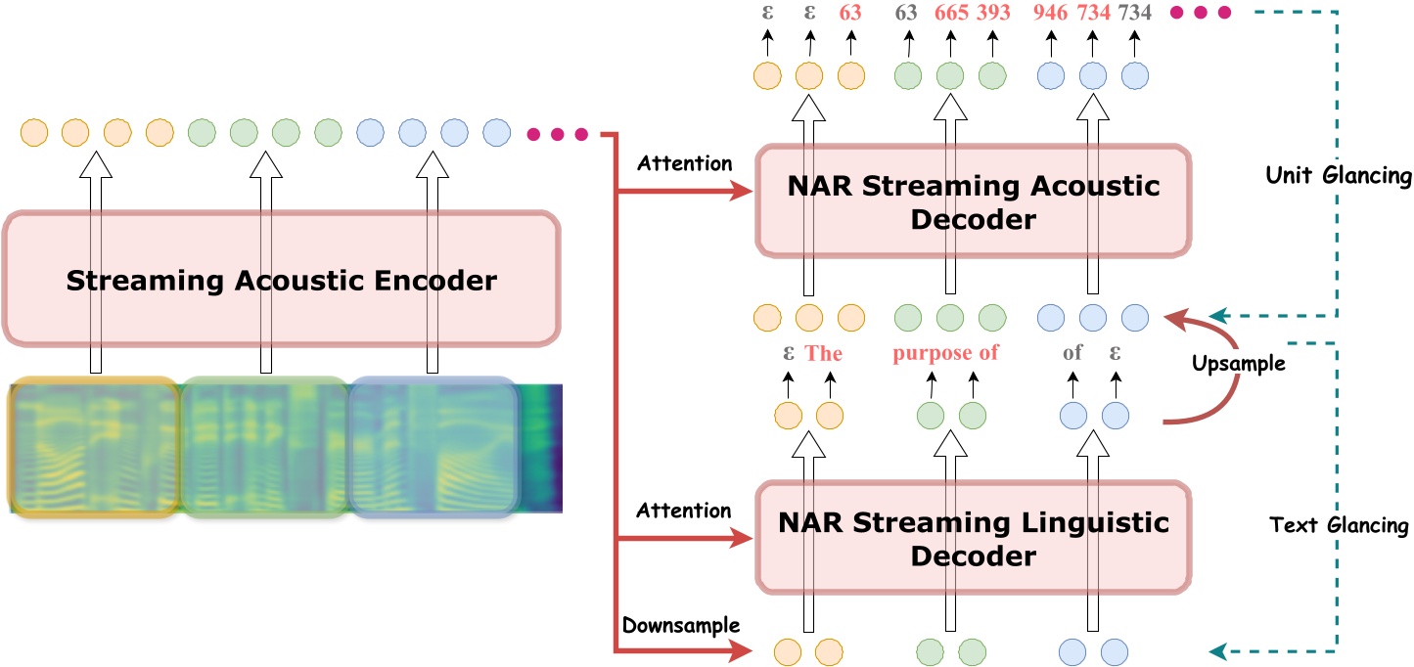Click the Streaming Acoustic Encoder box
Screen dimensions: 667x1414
pos(282,282)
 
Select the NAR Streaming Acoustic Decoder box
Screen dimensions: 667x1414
pos(974,202)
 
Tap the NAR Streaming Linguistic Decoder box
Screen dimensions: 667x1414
pos(974,538)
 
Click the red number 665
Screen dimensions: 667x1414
pos(950,13)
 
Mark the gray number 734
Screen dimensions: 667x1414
pos(1135,13)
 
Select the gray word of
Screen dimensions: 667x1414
pos(1072,353)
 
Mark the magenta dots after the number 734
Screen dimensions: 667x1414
pos(1199,13)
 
